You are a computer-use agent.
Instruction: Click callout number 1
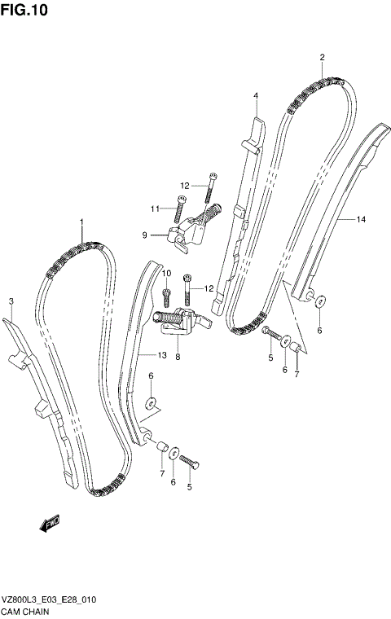(x=81, y=222)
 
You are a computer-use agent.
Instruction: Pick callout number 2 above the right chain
(x=322, y=57)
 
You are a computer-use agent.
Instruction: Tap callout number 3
(x=11, y=302)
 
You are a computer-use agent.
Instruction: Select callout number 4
(x=255, y=95)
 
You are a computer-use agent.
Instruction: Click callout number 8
(x=177, y=356)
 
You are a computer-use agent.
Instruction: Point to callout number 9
(x=145, y=235)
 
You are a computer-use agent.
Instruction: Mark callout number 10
(x=166, y=273)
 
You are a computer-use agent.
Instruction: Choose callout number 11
(x=154, y=209)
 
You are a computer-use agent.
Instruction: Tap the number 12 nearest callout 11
(x=185, y=186)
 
